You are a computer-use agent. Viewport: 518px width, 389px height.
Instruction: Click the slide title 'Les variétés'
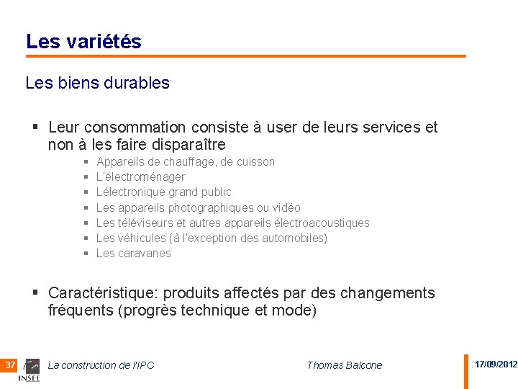click(x=83, y=42)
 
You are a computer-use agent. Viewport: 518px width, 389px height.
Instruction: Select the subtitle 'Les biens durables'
click(x=97, y=83)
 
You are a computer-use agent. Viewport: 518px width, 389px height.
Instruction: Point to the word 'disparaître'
click(x=189, y=144)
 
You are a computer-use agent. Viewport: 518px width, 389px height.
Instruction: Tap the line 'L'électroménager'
click(x=140, y=176)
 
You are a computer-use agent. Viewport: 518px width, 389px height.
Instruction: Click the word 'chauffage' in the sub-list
click(x=190, y=161)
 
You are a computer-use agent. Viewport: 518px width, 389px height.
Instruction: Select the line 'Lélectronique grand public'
click(x=163, y=192)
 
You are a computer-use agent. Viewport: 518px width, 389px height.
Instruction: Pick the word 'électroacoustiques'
click(x=322, y=223)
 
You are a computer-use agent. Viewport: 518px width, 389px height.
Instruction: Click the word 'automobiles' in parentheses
click(x=294, y=238)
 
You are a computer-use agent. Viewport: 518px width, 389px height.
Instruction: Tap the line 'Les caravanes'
click(x=133, y=253)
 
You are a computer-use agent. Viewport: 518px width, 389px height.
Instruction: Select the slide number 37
click(x=10, y=365)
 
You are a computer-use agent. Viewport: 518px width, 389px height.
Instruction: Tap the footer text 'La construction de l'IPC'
click(x=101, y=365)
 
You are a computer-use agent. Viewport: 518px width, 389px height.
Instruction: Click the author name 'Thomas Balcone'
click(x=344, y=365)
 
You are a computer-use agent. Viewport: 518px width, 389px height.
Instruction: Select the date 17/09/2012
click(x=496, y=365)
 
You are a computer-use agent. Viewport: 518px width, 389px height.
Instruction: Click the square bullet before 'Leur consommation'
click(x=35, y=128)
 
